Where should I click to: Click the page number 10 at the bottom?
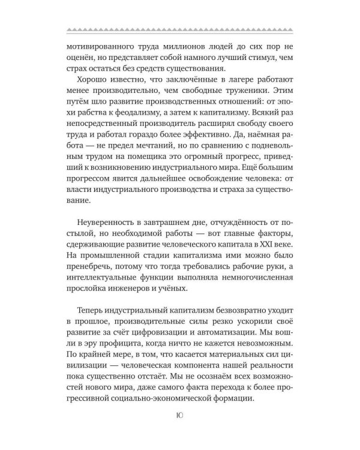tap(180, 429)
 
